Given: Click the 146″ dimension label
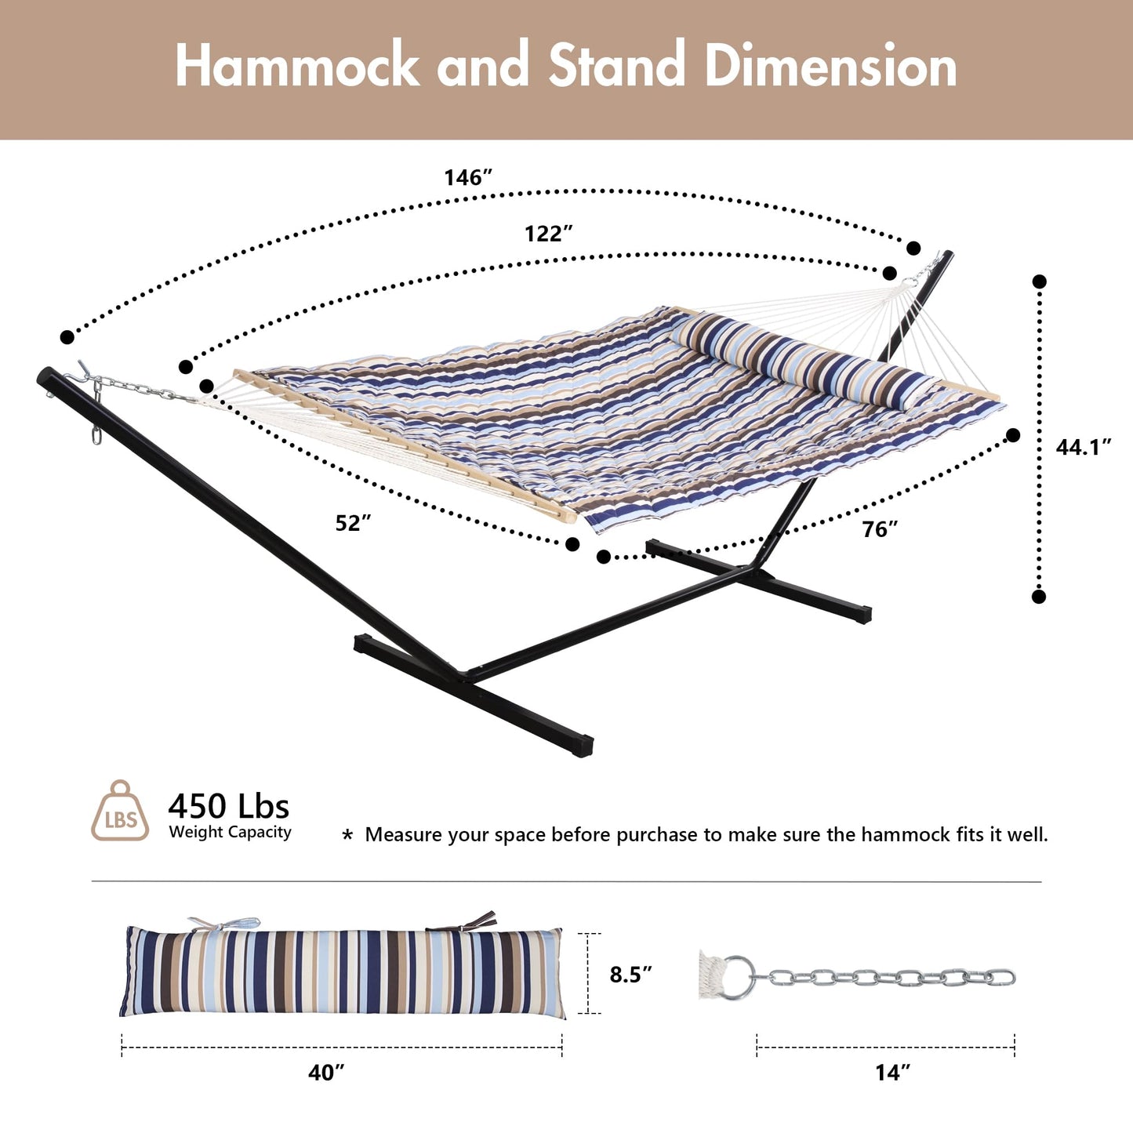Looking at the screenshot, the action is [468, 177].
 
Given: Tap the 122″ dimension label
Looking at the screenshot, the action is [549, 234].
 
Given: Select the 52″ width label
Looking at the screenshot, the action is [354, 523].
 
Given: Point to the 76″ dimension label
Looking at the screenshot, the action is [881, 529].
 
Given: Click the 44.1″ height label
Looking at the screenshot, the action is [1084, 448].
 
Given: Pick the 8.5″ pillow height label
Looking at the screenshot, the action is [631, 975].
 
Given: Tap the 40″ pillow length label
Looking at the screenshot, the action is [326, 1073].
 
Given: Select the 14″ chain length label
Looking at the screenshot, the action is [892, 1073].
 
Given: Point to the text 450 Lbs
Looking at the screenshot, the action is [229, 806].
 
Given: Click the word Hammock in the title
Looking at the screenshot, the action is [297, 65].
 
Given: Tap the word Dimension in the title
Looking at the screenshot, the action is [831, 65].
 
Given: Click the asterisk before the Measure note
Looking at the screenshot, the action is [347, 836].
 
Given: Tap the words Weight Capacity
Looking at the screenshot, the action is [230, 832].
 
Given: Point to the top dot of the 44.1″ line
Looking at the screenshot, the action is [1039, 281].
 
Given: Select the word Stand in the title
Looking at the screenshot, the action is [617, 65].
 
